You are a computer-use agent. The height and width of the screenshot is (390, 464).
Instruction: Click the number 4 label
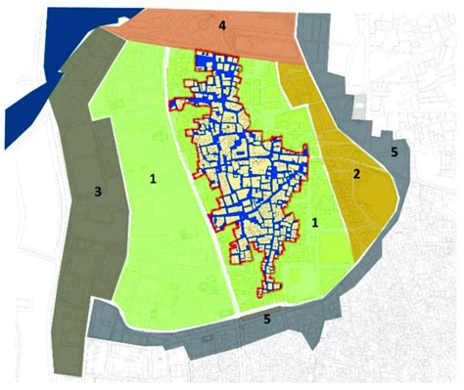223,24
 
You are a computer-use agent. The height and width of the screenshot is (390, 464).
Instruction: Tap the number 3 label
97,193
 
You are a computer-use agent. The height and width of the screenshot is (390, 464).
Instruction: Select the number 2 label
357,174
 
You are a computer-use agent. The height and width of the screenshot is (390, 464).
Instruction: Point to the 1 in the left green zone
153,179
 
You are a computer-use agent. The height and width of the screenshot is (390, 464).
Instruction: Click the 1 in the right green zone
314,224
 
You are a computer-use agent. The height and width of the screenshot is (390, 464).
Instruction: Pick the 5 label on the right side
394,152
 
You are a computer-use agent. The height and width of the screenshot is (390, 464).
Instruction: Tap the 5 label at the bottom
266,318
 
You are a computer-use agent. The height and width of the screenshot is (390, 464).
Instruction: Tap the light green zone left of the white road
137,235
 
